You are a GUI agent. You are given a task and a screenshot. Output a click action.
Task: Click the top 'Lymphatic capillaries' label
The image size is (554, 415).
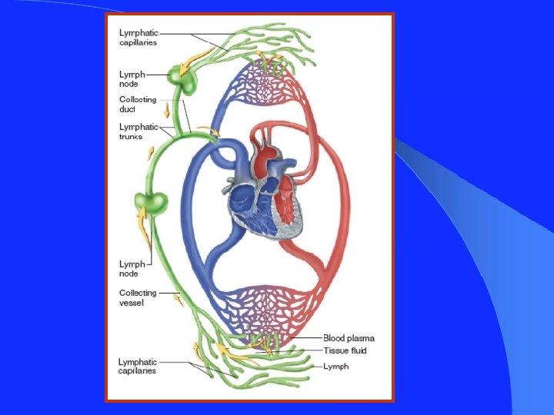138,37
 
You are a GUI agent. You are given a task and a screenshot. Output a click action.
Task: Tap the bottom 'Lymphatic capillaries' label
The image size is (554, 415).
137,366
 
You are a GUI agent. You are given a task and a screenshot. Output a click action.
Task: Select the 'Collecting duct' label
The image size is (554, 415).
138,104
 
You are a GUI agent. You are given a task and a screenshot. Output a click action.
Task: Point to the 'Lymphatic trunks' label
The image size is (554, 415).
138,131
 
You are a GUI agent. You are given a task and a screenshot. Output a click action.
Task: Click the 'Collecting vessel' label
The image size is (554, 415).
138,297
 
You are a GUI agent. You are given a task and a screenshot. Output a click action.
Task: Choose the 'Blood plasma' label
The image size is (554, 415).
349,338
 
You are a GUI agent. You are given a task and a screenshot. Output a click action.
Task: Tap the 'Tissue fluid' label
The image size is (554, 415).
345,350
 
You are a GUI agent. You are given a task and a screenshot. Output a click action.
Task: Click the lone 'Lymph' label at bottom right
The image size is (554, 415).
336,367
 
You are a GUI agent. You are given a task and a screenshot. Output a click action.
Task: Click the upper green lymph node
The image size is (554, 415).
182,77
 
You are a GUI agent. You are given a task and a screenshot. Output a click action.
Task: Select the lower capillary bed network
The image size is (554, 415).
263,311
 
